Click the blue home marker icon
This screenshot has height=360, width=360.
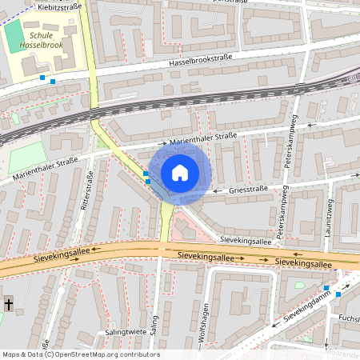(x=180, y=173)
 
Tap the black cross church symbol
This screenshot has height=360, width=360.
(x=9, y=304)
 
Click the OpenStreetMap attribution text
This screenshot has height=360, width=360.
(x=80, y=354)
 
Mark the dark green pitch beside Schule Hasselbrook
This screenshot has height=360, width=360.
(x=14, y=34)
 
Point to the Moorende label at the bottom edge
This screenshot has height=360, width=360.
(x=342, y=353)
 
